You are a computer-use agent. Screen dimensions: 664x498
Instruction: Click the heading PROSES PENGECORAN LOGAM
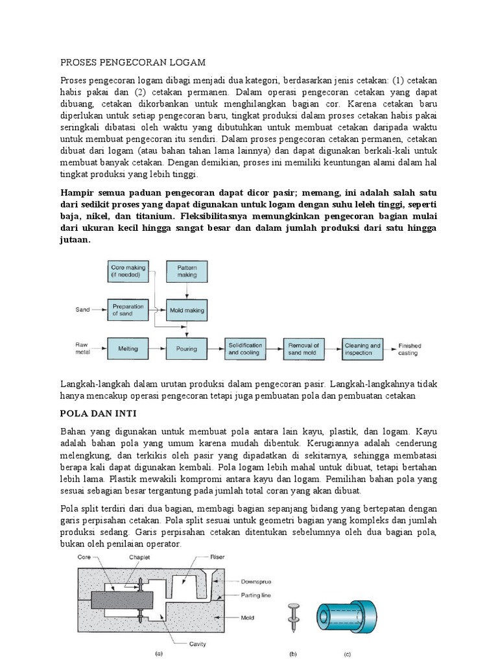click(x=132, y=62)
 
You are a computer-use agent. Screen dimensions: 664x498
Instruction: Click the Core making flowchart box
click(x=128, y=271)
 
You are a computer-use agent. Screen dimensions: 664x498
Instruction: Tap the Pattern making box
click(x=187, y=271)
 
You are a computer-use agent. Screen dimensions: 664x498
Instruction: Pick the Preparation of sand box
click(x=128, y=310)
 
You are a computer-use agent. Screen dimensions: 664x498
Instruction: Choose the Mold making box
click(x=187, y=311)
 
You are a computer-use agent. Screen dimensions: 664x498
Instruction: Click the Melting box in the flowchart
click(x=128, y=349)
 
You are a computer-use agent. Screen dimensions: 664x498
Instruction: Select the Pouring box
click(x=187, y=349)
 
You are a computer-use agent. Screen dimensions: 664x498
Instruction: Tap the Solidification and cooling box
click(x=245, y=349)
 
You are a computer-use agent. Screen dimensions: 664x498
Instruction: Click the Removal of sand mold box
click(x=304, y=349)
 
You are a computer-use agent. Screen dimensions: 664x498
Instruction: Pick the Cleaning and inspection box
click(x=362, y=349)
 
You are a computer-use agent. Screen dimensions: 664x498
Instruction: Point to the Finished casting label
click(x=409, y=350)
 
